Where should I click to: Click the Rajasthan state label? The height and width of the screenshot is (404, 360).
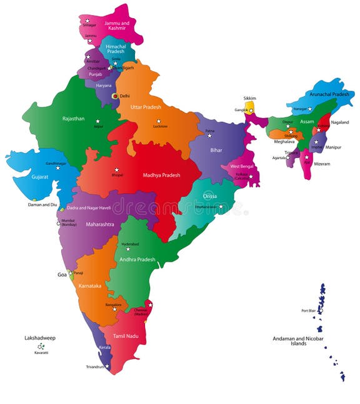pyautogui.click(x=73, y=118)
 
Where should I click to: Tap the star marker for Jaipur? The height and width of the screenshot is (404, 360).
pyautogui.click(x=97, y=121)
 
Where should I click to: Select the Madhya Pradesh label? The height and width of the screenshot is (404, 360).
pyautogui.click(x=161, y=175)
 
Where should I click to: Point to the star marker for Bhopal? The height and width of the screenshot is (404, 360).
pyautogui.click(x=116, y=169)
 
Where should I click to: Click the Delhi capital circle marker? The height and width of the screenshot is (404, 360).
pyautogui.click(x=114, y=96)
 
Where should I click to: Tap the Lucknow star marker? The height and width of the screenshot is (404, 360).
pyautogui.click(x=159, y=121)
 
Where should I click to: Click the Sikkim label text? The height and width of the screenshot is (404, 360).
pyautogui.click(x=250, y=98)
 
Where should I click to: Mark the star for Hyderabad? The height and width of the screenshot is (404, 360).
pyautogui.click(x=128, y=249)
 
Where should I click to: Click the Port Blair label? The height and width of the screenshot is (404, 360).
pyautogui.click(x=309, y=310)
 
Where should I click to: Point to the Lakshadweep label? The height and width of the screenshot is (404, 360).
pyautogui.click(x=40, y=338)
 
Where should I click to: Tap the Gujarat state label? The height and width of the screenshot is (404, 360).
pyautogui.click(x=39, y=177)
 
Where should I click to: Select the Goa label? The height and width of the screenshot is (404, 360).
pyautogui.click(x=61, y=274)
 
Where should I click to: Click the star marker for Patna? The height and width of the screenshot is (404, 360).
pyautogui.click(x=210, y=135)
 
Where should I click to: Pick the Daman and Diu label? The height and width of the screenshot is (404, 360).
pyautogui.click(x=42, y=204)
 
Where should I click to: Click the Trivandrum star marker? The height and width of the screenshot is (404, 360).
pyautogui.click(x=107, y=366)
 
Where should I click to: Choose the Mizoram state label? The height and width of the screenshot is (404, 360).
pyautogui.click(x=322, y=164)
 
